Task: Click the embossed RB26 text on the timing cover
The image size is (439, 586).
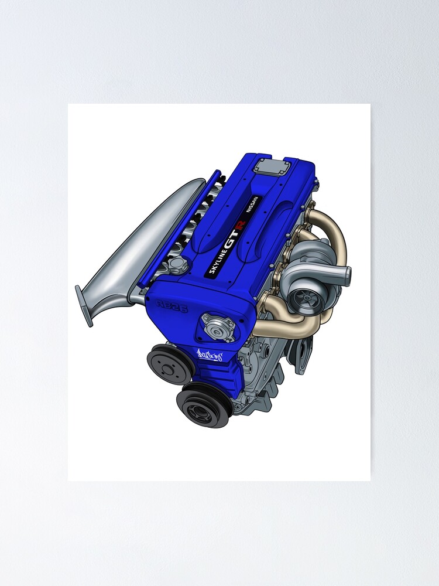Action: pyautogui.click(x=172, y=305)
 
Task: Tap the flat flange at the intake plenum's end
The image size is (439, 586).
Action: pyautogui.click(x=84, y=305)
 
